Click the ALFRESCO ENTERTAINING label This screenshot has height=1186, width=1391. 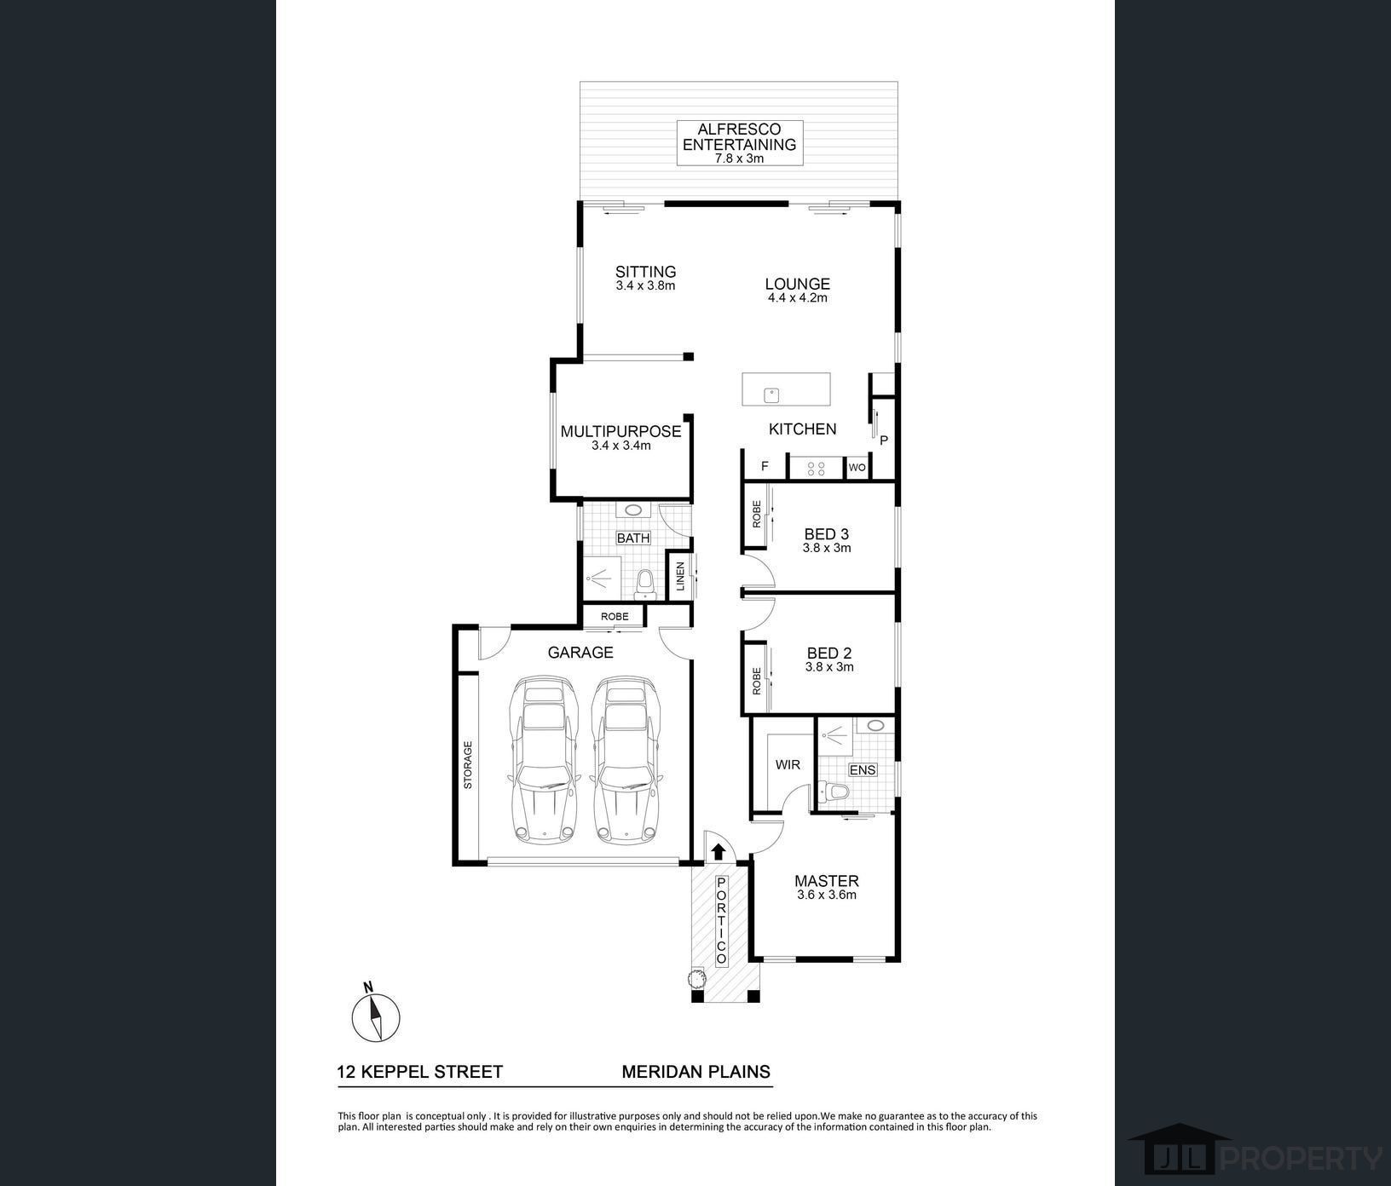pos(740,137)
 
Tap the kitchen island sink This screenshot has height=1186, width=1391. pos(771,394)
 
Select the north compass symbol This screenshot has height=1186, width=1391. pos(376,1015)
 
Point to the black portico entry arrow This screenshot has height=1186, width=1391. pos(718,850)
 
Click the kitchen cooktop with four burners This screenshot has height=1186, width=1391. pos(816,467)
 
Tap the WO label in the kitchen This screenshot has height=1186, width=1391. pos(857,467)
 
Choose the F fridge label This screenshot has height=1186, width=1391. pos(765,466)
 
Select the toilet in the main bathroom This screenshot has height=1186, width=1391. pos(645,580)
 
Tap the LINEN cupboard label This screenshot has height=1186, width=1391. pos(680,577)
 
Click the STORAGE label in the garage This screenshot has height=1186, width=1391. pos(467,765)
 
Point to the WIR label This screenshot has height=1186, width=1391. pos(788,764)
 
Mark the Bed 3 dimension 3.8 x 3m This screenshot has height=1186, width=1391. pos(827,548)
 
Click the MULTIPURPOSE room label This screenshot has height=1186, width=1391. pos(620,431)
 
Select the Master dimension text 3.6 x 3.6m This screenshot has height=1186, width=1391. pos(827,895)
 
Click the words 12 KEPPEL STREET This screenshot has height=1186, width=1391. pos(420,1072)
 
